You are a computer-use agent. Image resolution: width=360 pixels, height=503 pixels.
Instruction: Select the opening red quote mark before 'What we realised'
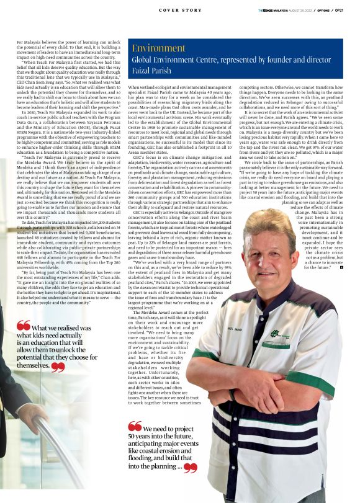pos(24,326)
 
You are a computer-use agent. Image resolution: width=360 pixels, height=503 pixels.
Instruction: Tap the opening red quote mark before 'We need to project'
pos(135,427)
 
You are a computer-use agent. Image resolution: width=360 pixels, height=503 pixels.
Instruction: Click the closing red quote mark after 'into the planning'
pos(190,467)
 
